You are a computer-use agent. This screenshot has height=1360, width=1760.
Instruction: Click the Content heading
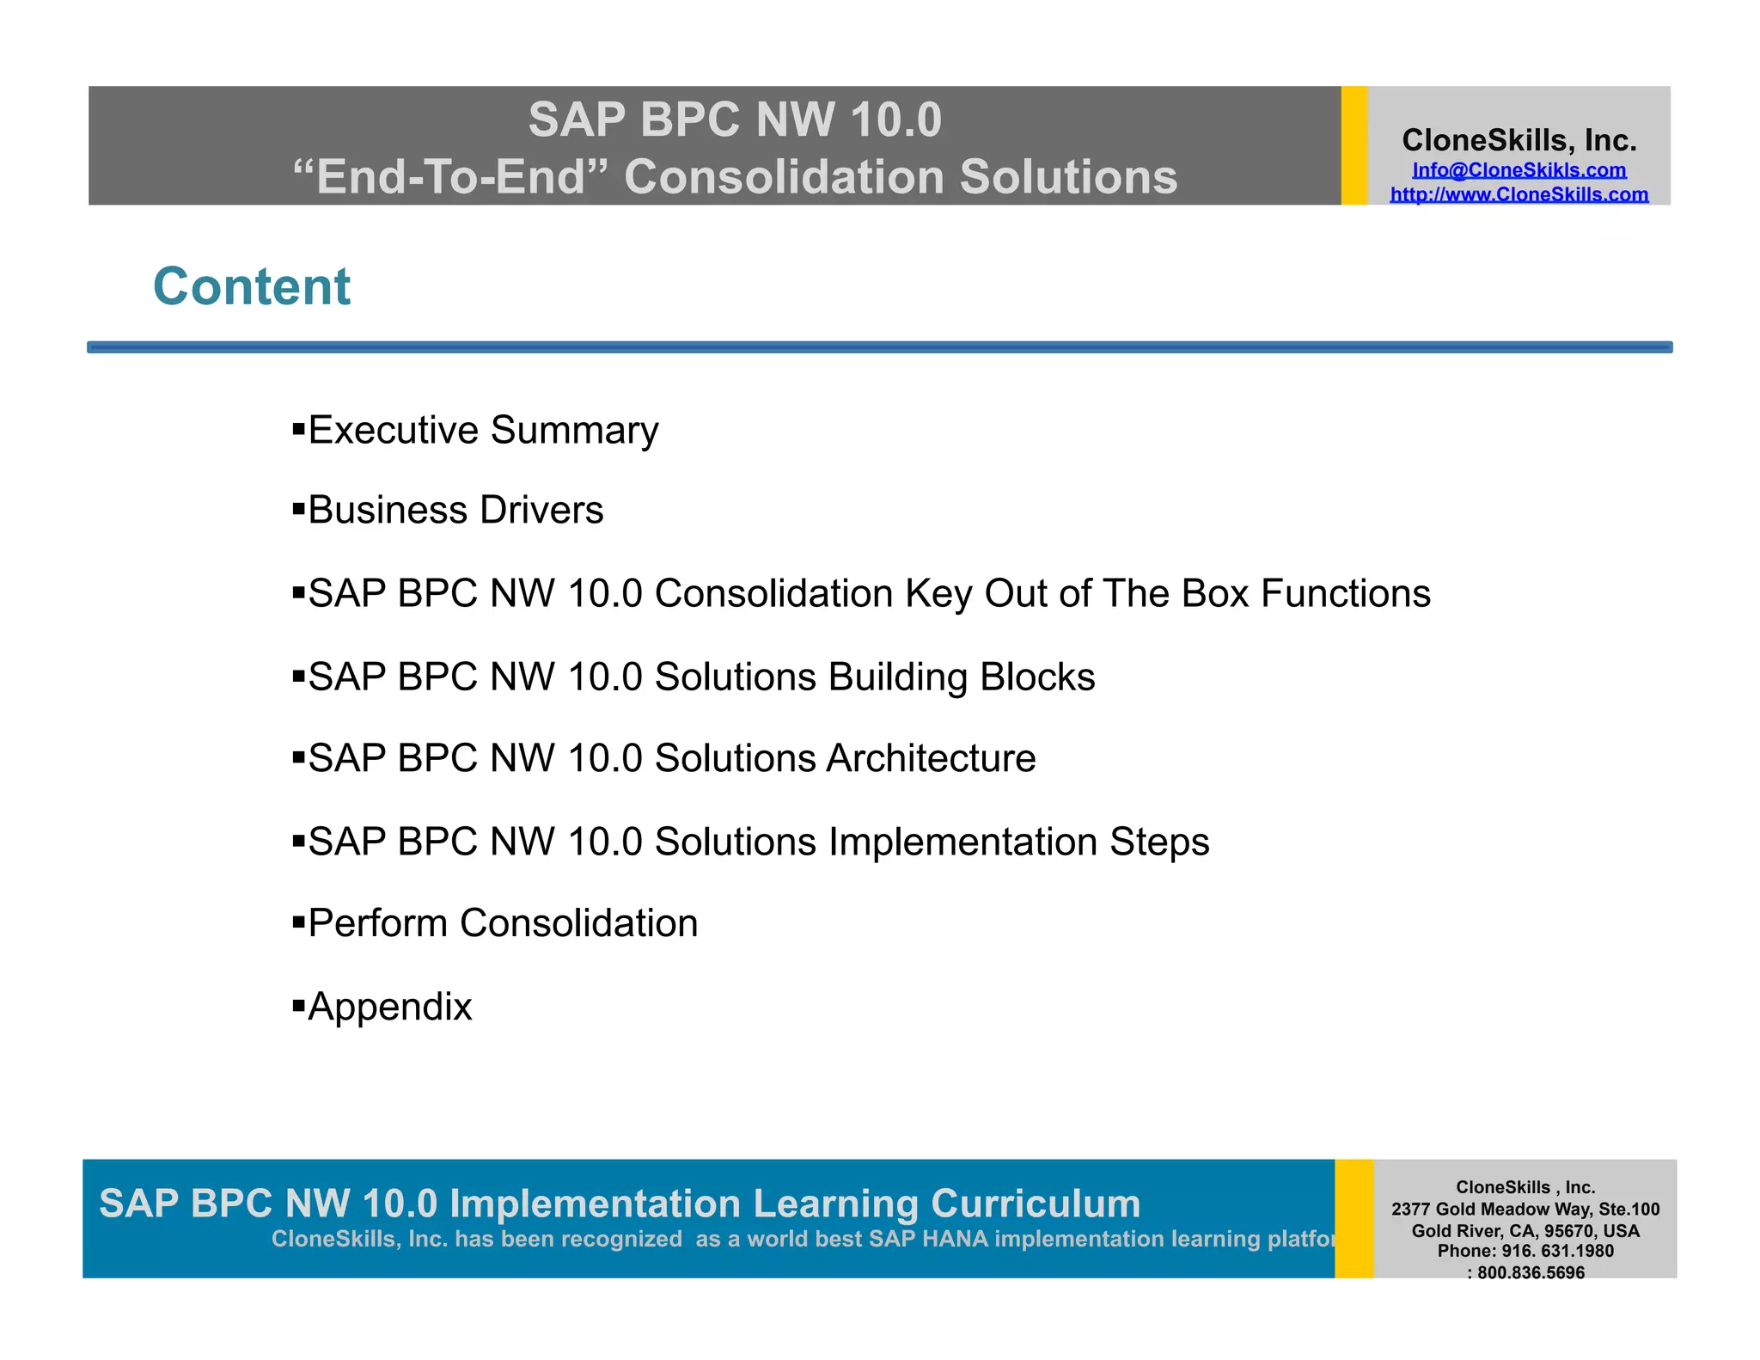(x=252, y=286)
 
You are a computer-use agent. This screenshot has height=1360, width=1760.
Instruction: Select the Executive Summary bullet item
(x=482, y=430)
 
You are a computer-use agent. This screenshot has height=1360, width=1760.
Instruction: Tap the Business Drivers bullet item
(x=455, y=510)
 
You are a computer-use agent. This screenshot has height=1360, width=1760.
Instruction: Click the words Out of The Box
(x=1115, y=593)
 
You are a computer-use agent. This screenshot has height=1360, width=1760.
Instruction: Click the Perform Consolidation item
(x=502, y=923)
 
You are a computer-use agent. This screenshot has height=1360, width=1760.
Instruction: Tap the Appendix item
(x=389, y=1007)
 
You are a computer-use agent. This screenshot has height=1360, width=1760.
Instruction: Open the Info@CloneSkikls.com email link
(x=1519, y=170)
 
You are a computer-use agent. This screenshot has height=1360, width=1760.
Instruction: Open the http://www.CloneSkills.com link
(x=1519, y=194)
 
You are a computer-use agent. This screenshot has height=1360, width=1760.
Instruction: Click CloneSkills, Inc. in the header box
(x=1519, y=140)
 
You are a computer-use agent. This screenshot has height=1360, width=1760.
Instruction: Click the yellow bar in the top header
(x=1354, y=145)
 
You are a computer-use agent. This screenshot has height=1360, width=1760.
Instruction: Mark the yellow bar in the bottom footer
(x=1354, y=1218)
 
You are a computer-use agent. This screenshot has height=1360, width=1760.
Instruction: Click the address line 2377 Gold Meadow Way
(x=1525, y=1209)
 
